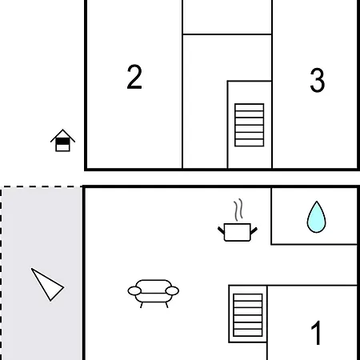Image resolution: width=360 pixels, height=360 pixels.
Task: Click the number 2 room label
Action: coord(134,77)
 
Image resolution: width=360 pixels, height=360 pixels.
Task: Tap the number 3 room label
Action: coord(318,80)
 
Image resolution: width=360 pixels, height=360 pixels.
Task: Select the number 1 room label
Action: coord(316,332)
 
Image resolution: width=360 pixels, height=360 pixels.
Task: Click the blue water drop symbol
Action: coord(316,218)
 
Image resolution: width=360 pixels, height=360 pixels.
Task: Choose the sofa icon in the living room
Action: coord(154,294)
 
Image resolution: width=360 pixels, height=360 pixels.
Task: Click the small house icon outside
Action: coord(62,141)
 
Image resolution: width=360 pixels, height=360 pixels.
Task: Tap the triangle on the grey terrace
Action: coord(47,285)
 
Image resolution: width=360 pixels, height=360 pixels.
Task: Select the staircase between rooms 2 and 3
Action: coord(250,125)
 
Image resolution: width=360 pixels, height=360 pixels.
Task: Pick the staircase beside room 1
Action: coord(248,315)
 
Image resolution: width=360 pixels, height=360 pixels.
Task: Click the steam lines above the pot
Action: coord(238,210)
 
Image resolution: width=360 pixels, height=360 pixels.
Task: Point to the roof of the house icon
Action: coord(62,135)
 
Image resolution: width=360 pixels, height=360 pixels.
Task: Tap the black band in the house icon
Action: coord(62,142)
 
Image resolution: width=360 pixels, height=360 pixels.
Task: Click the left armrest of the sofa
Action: coord(134,291)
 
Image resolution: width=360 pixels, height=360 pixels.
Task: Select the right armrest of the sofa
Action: coord(172,291)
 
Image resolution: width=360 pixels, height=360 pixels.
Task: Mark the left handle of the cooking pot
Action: coord(221,230)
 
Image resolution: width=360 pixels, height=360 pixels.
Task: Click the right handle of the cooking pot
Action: coord(254,231)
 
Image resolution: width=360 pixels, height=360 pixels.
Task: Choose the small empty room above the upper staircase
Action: coord(227,17)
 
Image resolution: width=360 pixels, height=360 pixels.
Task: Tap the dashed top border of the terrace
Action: coord(42,186)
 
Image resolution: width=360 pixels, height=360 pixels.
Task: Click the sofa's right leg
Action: coord(166,305)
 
